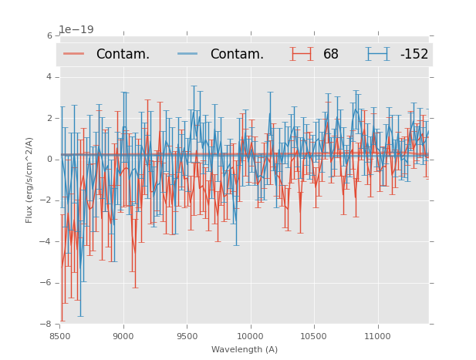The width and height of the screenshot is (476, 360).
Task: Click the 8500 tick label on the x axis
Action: (59, 336)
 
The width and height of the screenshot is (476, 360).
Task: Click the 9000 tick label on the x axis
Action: (123, 336)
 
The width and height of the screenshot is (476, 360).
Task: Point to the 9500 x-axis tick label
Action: (187, 336)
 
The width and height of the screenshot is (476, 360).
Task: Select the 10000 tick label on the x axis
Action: (250, 336)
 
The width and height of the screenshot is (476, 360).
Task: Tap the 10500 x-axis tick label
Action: (314, 336)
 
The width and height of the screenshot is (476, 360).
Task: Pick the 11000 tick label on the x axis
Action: (377, 336)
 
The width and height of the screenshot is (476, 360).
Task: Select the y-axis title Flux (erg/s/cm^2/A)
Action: (29, 180)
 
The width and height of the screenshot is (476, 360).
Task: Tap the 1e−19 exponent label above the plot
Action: (76, 30)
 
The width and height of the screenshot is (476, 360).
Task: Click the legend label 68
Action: (331, 55)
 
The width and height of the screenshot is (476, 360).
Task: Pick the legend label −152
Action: (414, 55)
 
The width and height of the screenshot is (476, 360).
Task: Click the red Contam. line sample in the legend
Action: (74, 54)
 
